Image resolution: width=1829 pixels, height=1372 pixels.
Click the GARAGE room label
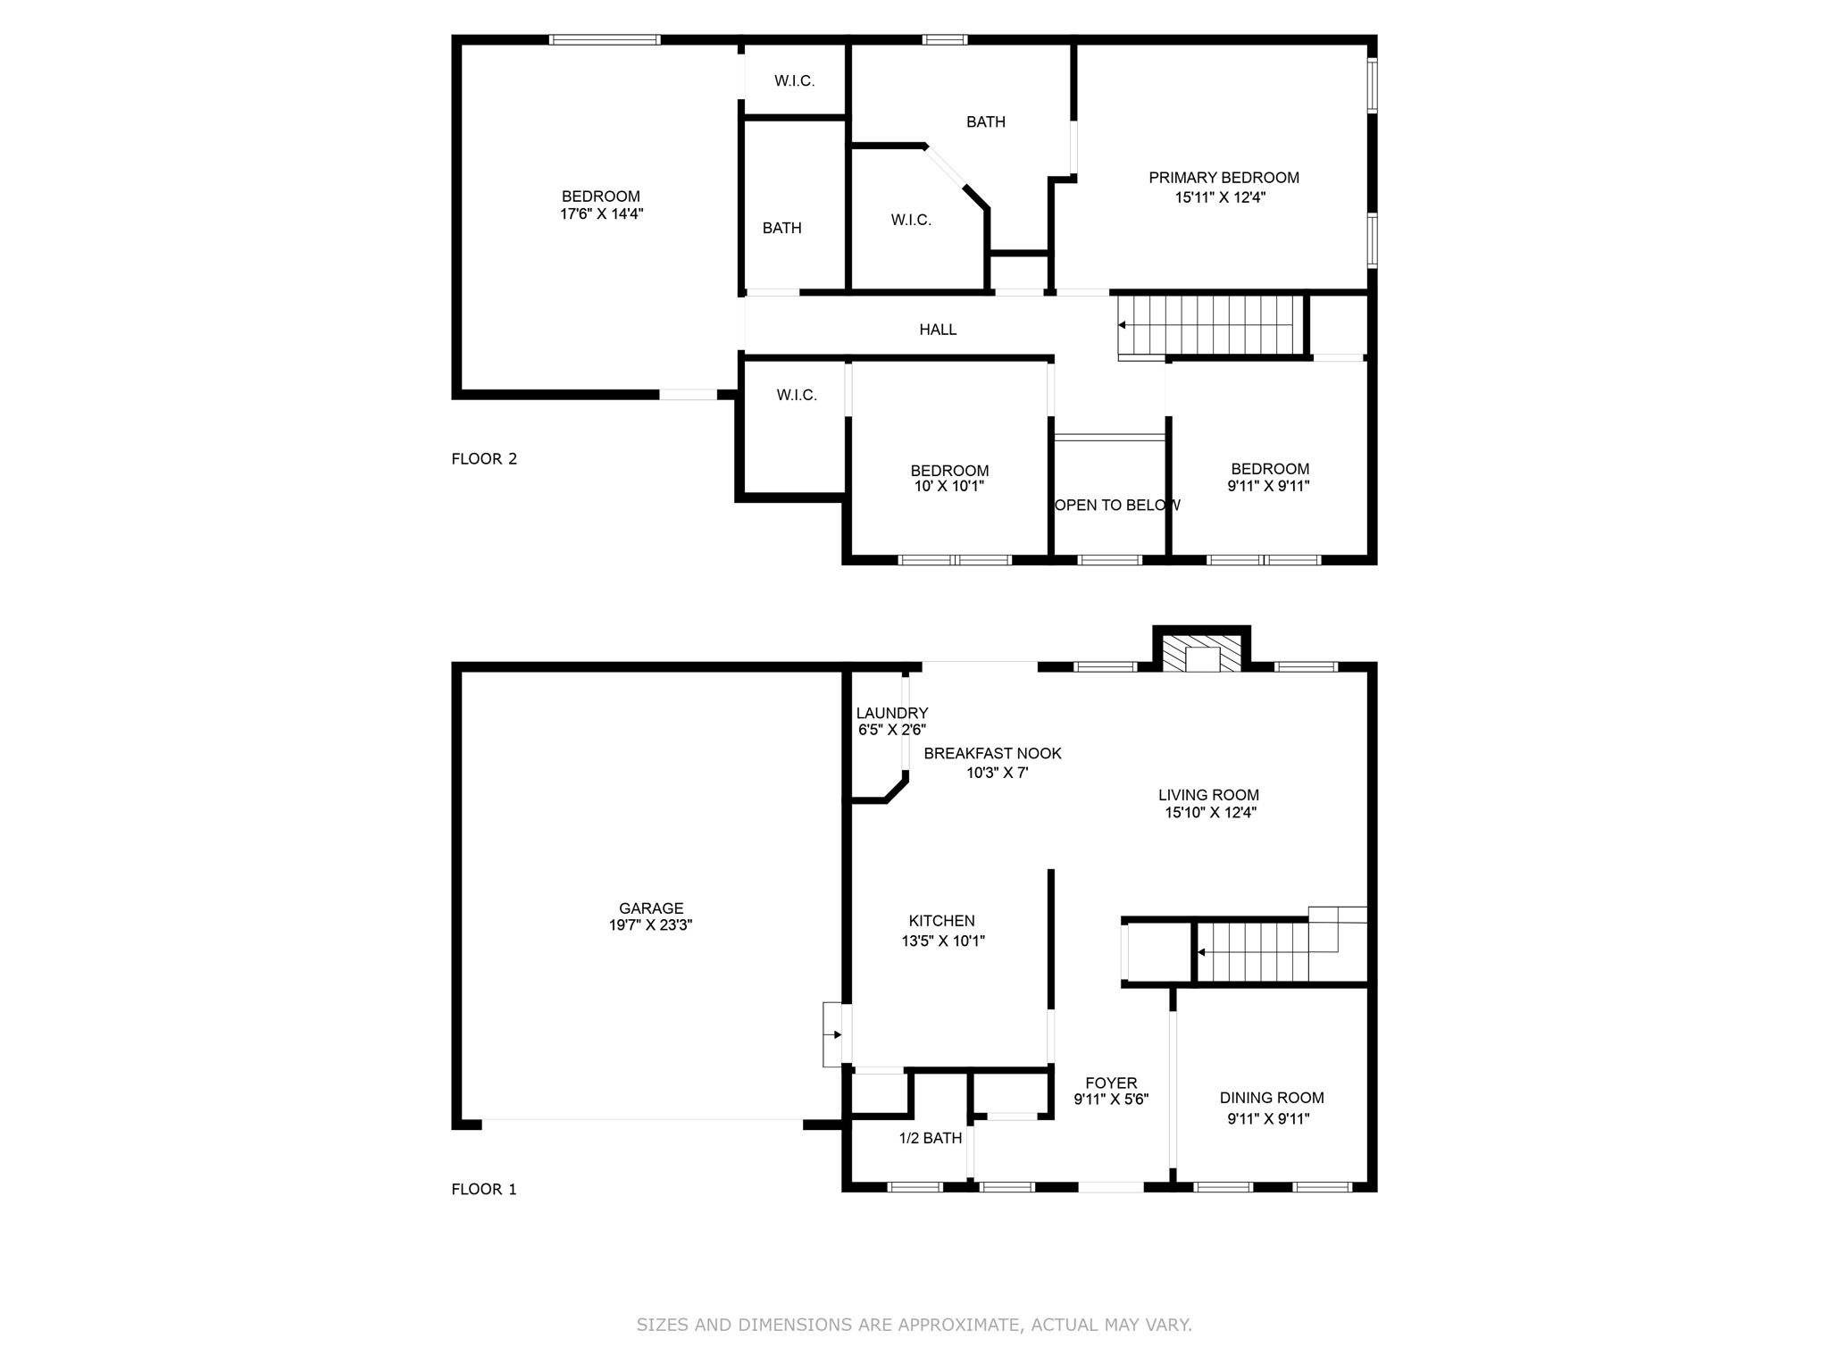click(x=651, y=908)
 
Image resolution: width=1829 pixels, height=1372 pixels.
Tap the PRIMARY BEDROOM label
click(x=1224, y=178)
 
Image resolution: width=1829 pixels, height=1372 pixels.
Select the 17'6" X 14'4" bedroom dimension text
click(x=601, y=214)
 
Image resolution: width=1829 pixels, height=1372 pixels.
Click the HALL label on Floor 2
click(x=938, y=330)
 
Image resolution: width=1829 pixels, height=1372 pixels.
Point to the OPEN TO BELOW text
click(x=1116, y=506)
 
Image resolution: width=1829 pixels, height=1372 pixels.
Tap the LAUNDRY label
click(x=891, y=713)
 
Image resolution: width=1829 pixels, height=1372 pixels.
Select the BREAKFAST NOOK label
click(x=992, y=754)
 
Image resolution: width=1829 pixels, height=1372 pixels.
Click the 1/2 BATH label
click(x=930, y=1138)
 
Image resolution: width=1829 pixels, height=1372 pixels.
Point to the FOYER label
click(x=1111, y=1083)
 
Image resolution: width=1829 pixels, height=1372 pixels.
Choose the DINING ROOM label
click(x=1272, y=1098)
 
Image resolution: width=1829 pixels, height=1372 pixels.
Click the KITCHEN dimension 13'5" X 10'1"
click(x=943, y=941)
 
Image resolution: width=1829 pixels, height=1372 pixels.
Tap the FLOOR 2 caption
click(x=484, y=459)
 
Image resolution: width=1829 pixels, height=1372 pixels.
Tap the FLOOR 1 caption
click(x=484, y=1190)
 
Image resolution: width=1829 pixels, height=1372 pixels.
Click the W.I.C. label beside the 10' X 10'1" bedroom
click(x=797, y=395)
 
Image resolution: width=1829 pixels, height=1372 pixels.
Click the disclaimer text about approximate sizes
click(x=914, y=1325)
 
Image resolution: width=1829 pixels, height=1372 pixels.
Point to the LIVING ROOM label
click(x=1208, y=795)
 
